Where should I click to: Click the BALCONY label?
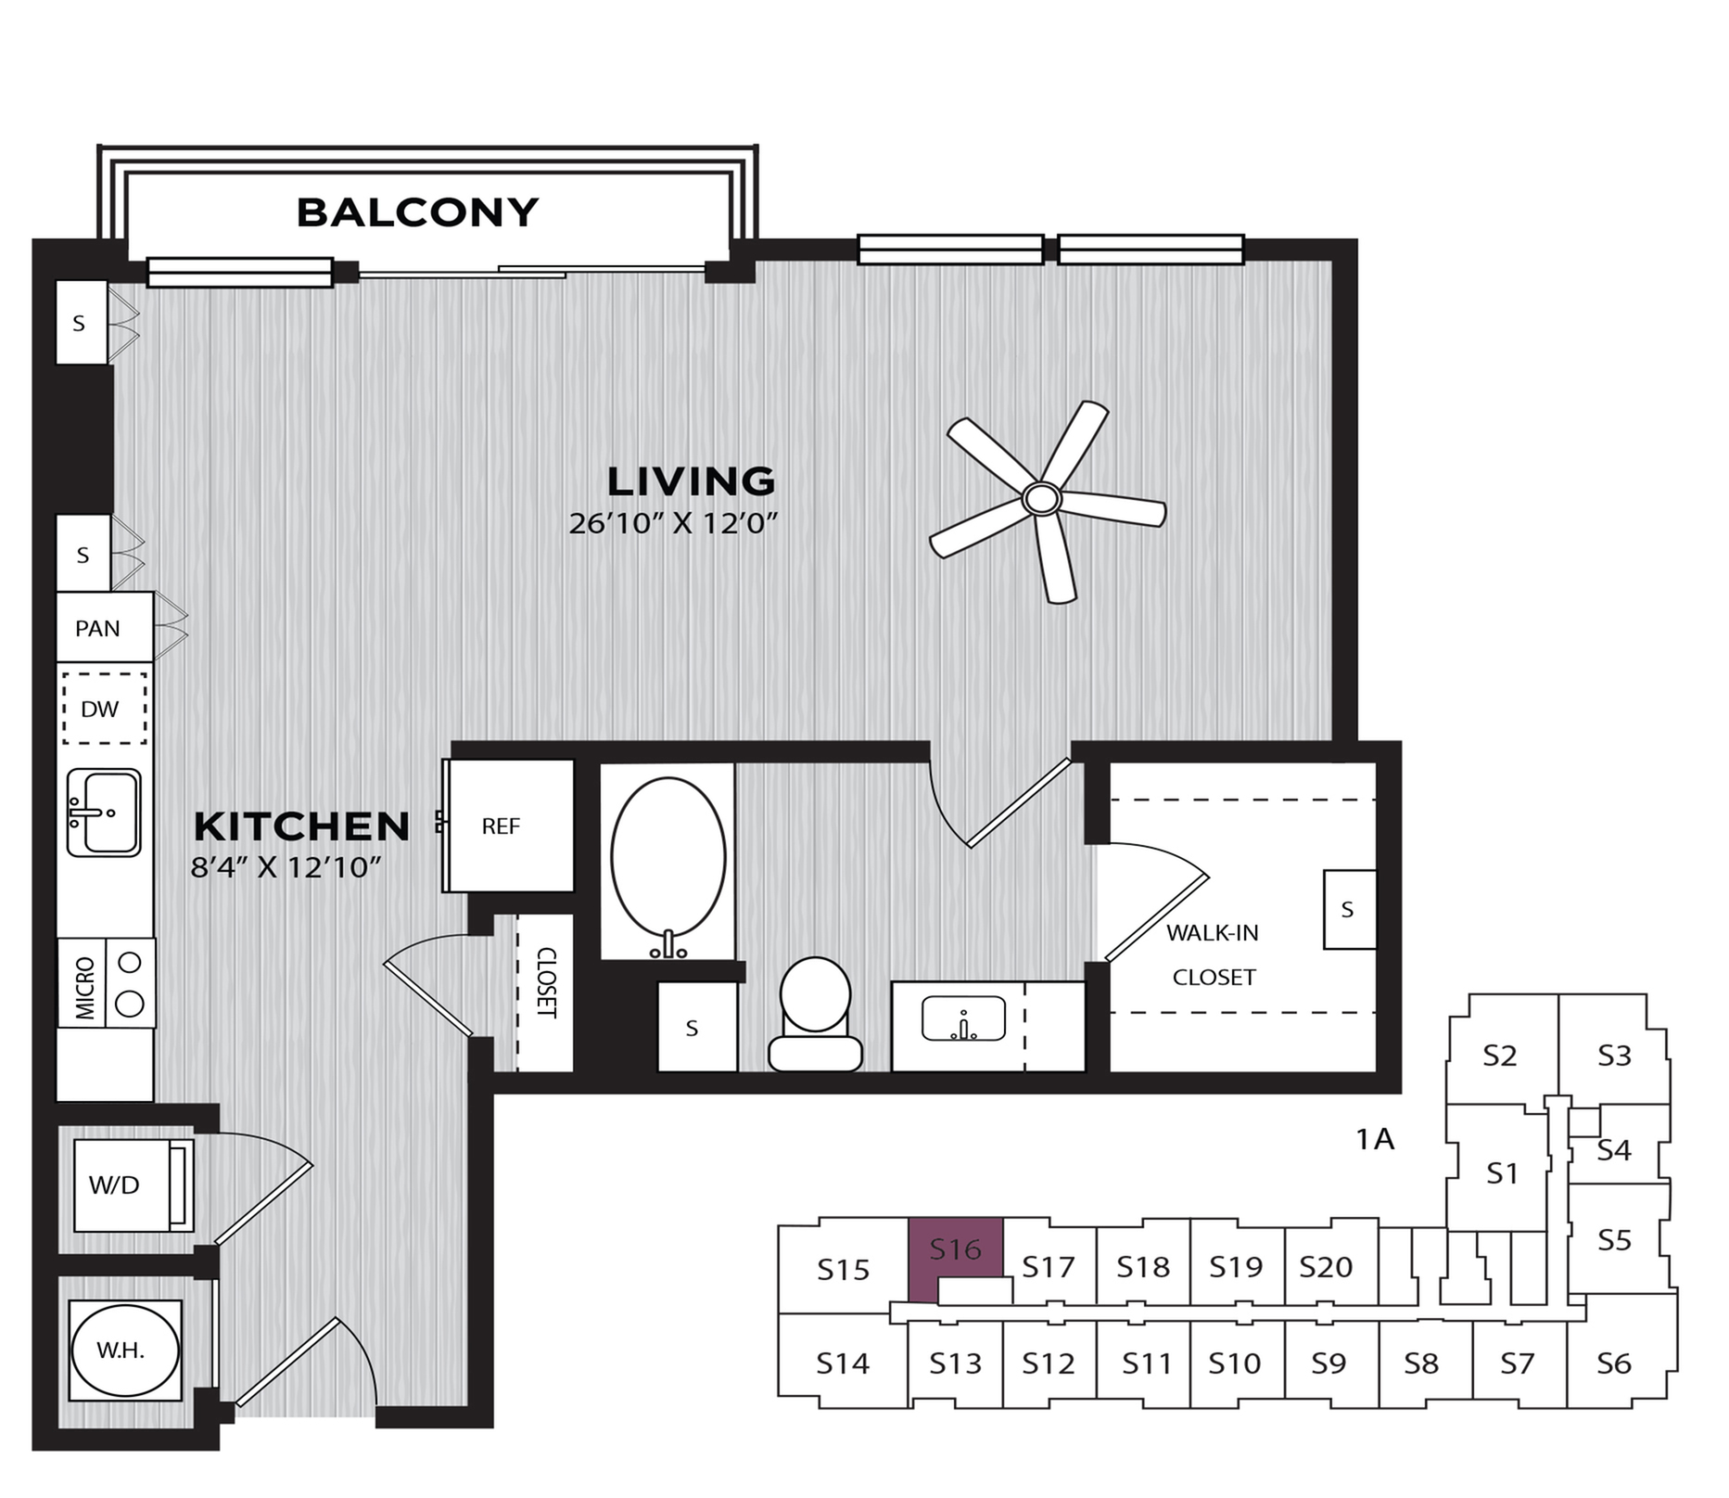417,212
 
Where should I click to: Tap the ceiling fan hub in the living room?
1042,499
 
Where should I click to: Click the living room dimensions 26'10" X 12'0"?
672,524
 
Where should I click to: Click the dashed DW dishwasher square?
104,709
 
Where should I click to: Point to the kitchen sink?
104,813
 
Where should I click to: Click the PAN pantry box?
98,628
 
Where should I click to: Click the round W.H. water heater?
124,1350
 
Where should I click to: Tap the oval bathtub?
667,858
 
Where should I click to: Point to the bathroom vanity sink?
963,1019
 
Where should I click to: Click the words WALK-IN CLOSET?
1213,954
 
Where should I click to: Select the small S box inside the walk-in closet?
1348,910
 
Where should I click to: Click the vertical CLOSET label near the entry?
546,982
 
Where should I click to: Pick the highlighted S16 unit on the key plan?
955,1251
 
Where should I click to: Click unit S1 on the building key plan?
1501,1173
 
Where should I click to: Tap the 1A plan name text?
1375,1139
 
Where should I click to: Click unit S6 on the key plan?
1614,1363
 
